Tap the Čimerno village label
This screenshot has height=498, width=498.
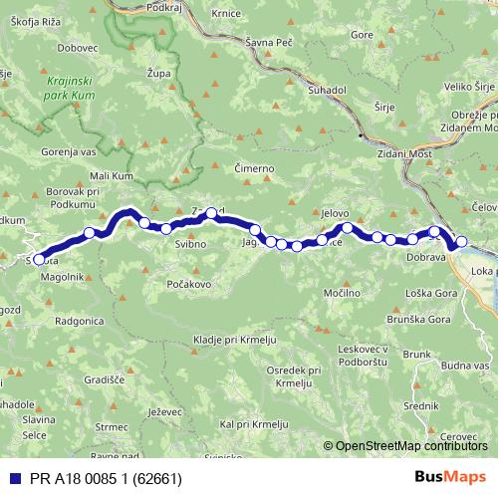click(253, 168)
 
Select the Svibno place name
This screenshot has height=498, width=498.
click(190, 244)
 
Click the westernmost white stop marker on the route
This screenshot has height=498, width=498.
click(39, 260)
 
